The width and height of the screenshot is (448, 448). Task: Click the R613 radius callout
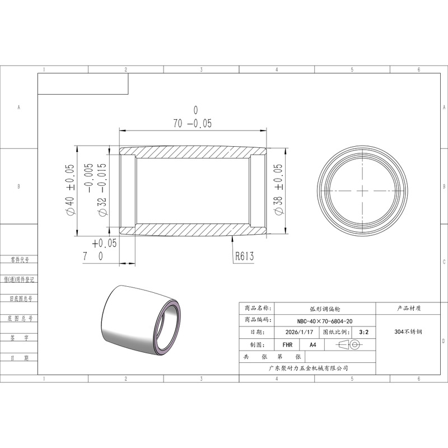[245, 256]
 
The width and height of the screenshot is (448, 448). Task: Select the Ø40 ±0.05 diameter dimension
[71, 190]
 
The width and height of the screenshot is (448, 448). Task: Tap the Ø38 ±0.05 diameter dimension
[278, 189]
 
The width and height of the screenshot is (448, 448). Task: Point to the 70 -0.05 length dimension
[192, 123]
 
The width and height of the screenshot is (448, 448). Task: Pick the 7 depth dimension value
[85, 256]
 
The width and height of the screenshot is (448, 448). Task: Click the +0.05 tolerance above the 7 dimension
[104, 243]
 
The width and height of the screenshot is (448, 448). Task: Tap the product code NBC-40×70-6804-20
[325, 321]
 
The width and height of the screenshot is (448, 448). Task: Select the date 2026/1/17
[299, 332]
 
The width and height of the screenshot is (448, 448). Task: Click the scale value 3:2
[363, 332]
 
